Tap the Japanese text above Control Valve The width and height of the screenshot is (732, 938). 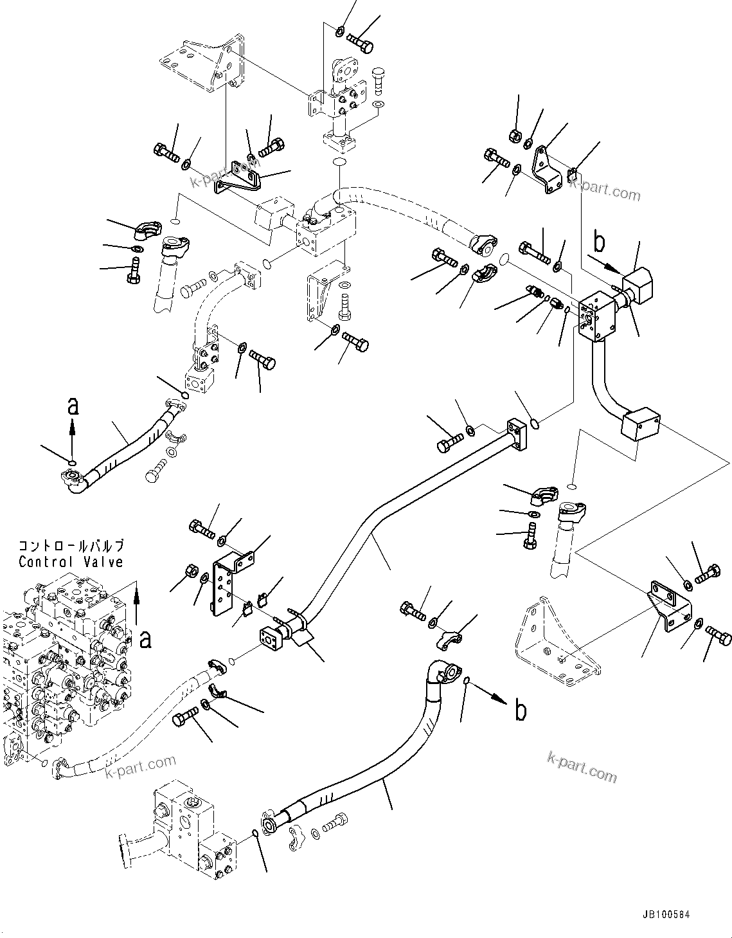pos(71,546)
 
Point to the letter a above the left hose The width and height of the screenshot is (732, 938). pos(73,406)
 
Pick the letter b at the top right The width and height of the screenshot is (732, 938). pos(599,242)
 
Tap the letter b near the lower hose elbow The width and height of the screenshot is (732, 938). pos(520,710)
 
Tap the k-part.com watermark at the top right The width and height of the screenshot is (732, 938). pos(605,190)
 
